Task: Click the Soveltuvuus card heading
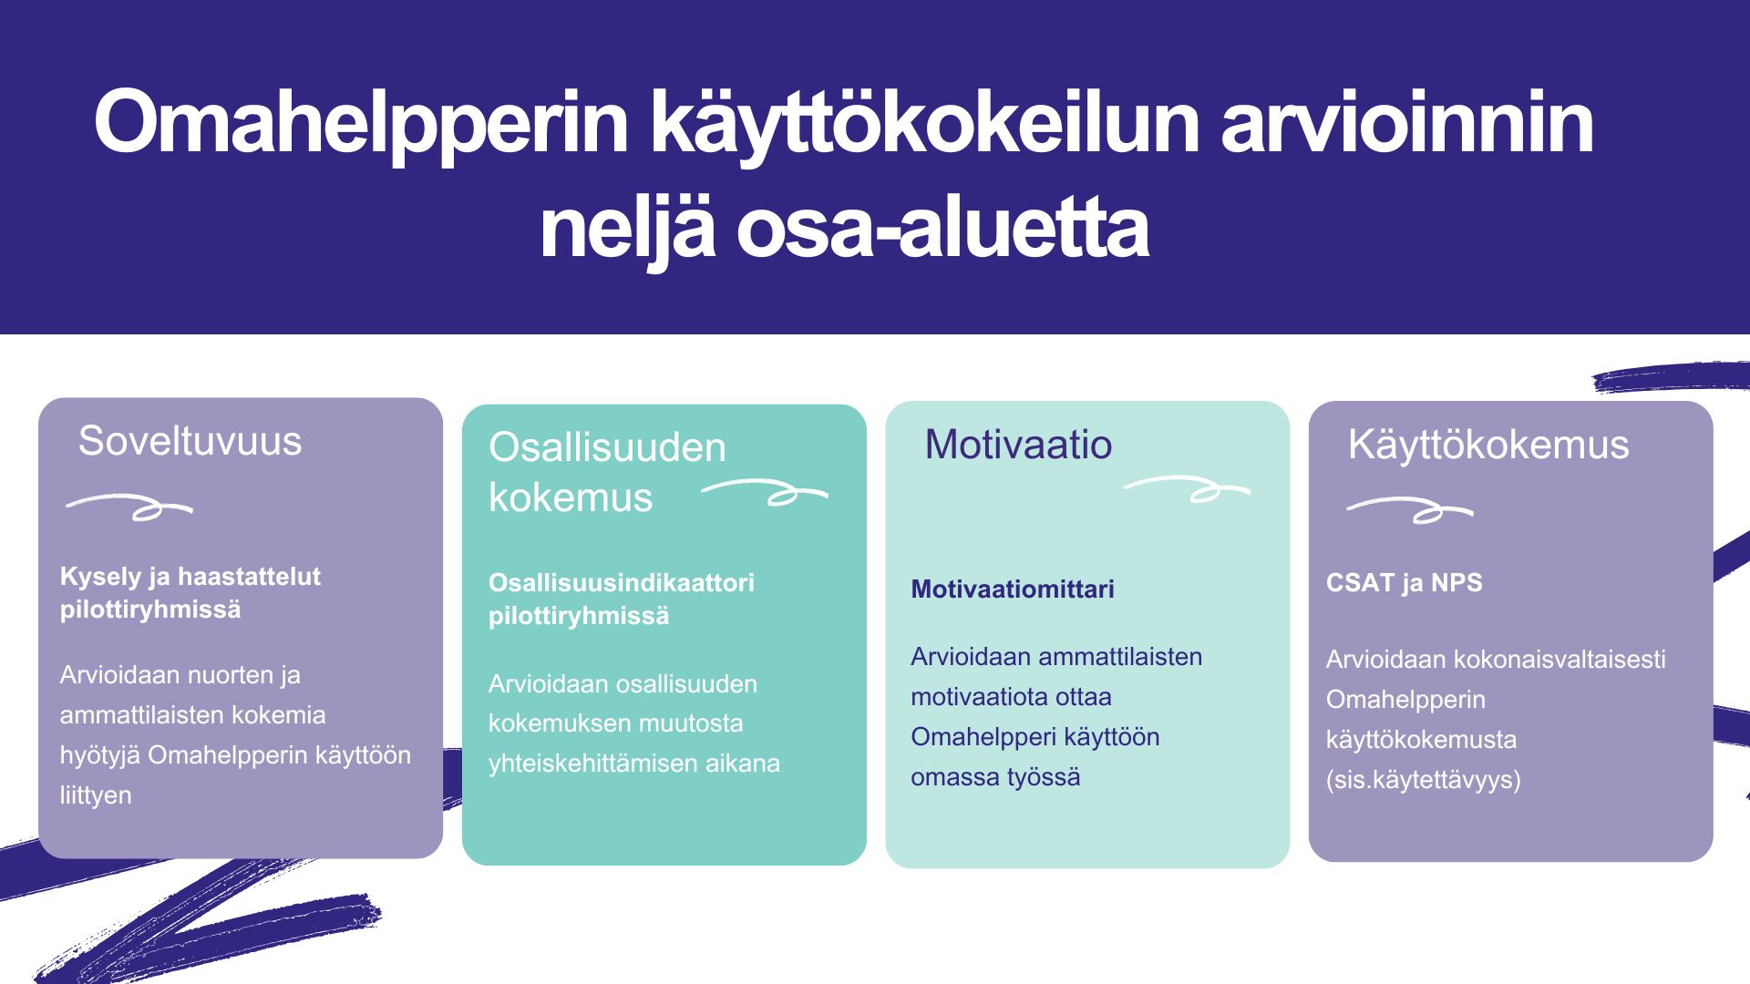click(x=190, y=441)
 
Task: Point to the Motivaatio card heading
click(x=1018, y=445)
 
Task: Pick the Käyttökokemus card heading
click(x=1488, y=446)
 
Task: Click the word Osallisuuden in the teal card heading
click(x=607, y=447)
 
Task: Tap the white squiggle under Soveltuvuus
click(x=129, y=507)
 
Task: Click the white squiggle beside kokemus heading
click(x=765, y=492)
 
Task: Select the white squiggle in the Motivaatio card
click(x=1187, y=489)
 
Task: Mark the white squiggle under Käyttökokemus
click(x=1410, y=509)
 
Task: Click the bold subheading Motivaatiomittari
click(x=1013, y=589)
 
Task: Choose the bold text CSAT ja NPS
click(x=1405, y=582)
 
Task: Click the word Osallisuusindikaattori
click(x=622, y=583)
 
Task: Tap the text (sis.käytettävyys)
click(x=1424, y=781)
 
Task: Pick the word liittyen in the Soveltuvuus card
click(x=96, y=796)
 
